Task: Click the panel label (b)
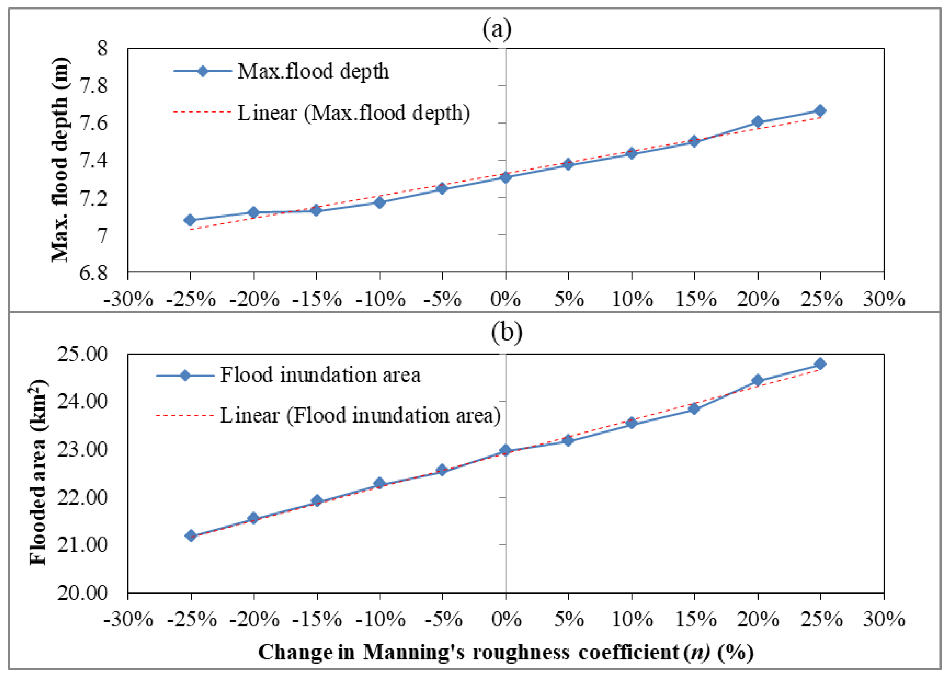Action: coord(506,332)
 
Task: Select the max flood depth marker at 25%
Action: coord(820,111)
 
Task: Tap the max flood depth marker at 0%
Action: coord(506,177)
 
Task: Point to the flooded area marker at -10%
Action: coord(380,484)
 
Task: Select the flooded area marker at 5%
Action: coord(568,440)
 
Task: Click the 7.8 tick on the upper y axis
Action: coord(93,86)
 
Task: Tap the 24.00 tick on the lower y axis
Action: coord(82,402)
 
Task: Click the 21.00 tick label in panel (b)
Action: coord(82,545)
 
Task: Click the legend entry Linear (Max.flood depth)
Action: coord(353,113)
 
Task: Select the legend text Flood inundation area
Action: coord(320,375)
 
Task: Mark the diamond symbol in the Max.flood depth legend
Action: coord(203,71)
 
